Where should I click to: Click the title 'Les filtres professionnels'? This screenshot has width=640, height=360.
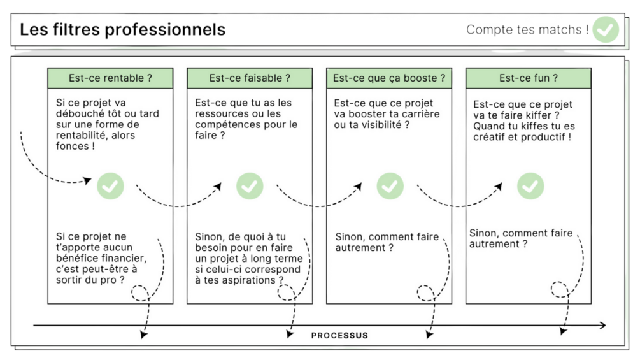pyautogui.click(x=122, y=29)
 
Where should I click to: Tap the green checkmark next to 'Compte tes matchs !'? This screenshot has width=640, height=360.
pyautogui.click(x=605, y=29)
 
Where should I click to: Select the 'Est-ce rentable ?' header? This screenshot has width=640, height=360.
pyautogui.click(x=110, y=78)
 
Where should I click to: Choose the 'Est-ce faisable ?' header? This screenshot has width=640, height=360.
pyautogui.click(x=250, y=78)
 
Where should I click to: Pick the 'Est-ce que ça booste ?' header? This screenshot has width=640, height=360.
pyautogui.click(x=389, y=78)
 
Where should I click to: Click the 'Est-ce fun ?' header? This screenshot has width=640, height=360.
pyautogui.click(x=529, y=78)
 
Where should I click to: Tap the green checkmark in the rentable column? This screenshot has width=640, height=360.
pyautogui.click(x=110, y=186)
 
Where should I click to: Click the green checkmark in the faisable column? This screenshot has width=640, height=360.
pyautogui.click(x=250, y=186)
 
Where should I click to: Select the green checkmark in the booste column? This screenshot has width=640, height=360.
pyautogui.click(x=390, y=186)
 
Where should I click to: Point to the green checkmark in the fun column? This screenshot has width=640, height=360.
pyautogui.click(x=530, y=186)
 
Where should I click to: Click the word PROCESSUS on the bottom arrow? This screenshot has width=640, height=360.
pyautogui.click(x=339, y=335)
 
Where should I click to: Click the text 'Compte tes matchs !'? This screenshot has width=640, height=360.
pyautogui.click(x=526, y=29)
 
